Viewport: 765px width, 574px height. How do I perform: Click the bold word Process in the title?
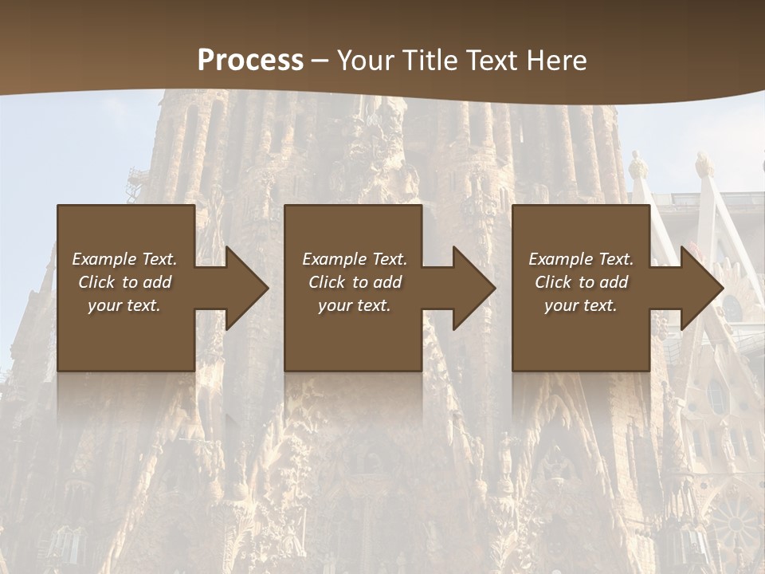[x=250, y=61]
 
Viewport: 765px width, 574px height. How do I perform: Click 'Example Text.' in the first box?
[x=124, y=259]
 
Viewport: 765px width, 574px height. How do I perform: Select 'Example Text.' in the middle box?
[x=355, y=259]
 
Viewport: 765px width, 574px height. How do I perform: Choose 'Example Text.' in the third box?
[x=581, y=259]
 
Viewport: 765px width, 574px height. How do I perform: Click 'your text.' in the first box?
[x=124, y=305]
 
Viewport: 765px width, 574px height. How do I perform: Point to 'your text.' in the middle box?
[x=355, y=305]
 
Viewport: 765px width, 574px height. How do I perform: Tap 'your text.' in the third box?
[x=581, y=305]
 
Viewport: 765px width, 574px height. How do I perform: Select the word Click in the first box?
[x=96, y=282]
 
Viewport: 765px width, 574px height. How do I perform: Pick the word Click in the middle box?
[x=327, y=282]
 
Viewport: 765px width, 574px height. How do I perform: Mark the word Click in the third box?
[x=553, y=282]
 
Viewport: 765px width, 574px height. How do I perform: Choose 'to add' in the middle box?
[x=377, y=282]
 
